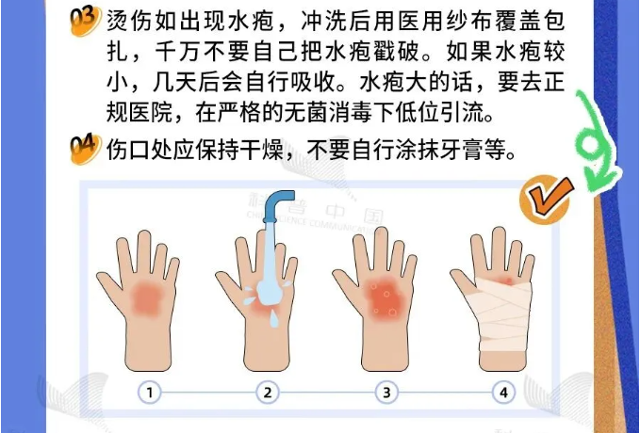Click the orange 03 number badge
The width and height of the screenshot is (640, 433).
[x=85, y=21]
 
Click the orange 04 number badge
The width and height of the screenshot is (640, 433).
[x=85, y=149]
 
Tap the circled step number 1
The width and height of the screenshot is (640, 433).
[x=149, y=393]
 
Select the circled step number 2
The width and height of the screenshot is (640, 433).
[x=268, y=393]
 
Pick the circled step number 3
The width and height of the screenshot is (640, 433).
[x=386, y=393]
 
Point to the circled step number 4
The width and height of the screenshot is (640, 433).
[x=503, y=393]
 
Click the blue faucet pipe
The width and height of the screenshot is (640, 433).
[x=277, y=206]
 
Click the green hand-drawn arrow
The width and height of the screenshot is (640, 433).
[x=597, y=143]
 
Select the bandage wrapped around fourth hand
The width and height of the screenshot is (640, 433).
[x=503, y=314]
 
